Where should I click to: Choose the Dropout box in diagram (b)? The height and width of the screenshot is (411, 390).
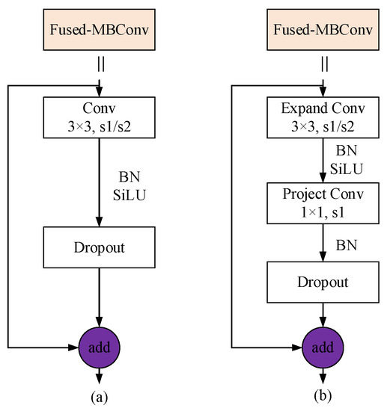[324, 282]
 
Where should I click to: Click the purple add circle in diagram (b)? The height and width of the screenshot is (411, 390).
[324, 347]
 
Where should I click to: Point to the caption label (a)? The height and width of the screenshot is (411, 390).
[99, 398]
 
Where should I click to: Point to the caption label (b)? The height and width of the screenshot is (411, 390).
[324, 398]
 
